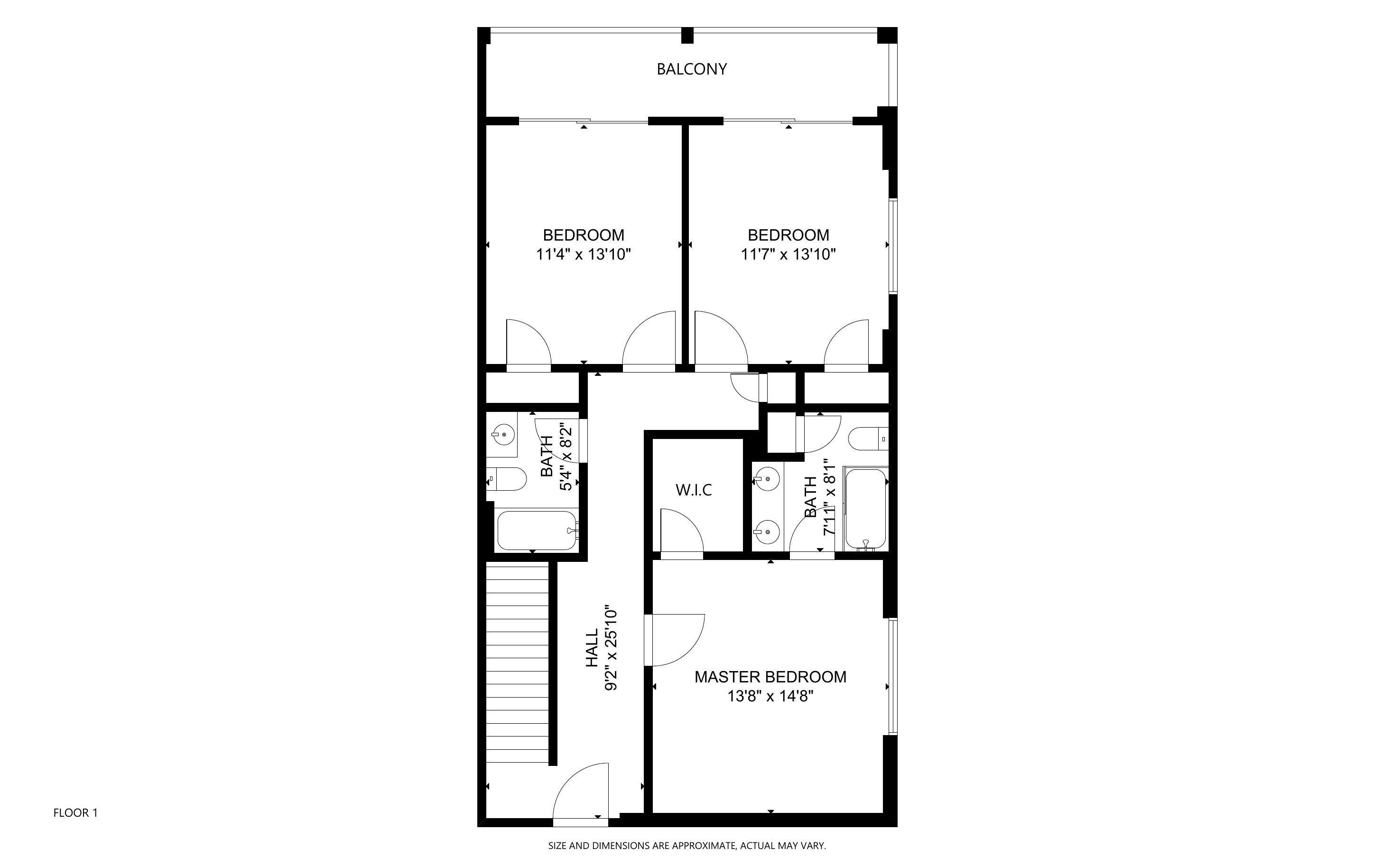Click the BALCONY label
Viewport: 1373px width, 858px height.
(x=691, y=69)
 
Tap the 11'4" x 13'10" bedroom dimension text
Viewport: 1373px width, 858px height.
(x=584, y=254)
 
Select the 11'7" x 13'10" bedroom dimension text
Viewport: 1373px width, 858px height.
(x=789, y=254)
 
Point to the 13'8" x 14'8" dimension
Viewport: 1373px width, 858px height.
(x=770, y=696)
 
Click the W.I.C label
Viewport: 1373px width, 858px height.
(x=694, y=490)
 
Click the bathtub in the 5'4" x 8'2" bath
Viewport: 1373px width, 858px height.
(x=537, y=530)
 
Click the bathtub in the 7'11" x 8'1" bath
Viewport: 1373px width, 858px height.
(x=865, y=508)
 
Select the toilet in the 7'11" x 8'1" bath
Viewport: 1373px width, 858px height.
(x=868, y=438)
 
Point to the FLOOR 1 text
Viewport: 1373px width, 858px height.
(x=75, y=812)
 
